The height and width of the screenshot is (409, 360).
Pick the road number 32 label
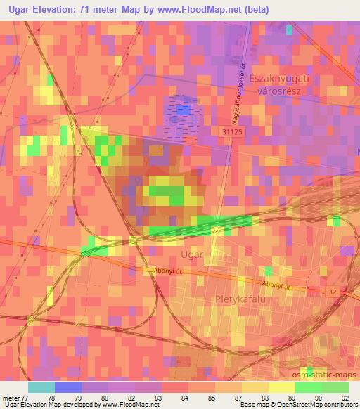[333, 290]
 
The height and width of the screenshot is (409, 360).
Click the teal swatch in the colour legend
[41, 387]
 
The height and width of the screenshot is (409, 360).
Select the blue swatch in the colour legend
[68, 387]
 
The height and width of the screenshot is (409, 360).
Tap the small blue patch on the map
[184, 110]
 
